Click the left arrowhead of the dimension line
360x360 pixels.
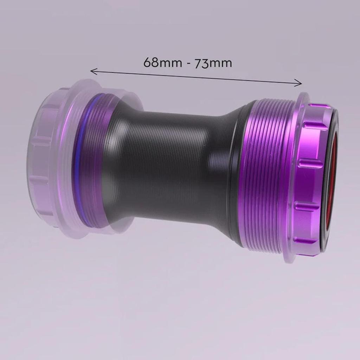coord(92,71)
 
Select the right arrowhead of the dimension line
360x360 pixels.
coord(300,83)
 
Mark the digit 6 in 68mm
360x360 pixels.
coord(147,62)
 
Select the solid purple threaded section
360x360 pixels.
coord(267,176)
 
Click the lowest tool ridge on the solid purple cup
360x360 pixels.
coord(309,241)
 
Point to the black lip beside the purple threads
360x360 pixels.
coord(236,176)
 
